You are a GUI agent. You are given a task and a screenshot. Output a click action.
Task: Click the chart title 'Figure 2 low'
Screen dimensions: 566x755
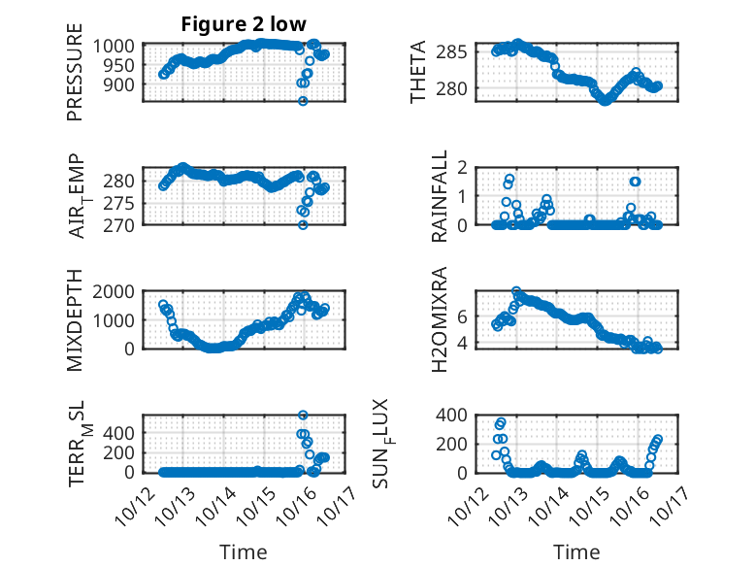click(x=244, y=25)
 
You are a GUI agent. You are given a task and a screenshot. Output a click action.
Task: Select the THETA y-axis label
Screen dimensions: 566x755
click(x=418, y=72)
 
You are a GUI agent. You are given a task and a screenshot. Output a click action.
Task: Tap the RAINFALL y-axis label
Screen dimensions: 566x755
click(x=439, y=196)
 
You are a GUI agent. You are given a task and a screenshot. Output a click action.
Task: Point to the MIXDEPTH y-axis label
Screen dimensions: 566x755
click(x=75, y=319)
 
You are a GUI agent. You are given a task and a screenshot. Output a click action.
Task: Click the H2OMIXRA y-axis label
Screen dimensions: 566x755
click(x=439, y=319)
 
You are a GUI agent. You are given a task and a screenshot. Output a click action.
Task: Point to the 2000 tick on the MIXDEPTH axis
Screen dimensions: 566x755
click(x=117, y=291)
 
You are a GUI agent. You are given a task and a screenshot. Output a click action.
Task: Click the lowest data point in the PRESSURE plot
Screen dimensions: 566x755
click(x=303, y=100)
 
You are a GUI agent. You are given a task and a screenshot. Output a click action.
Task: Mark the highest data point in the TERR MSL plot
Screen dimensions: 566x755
click(x=303, y=416)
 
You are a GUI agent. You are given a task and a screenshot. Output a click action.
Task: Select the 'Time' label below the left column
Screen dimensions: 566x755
click(x=244, y=551)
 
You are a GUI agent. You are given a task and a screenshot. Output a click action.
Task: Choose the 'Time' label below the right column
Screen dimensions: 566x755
click(x=576, y=551)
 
